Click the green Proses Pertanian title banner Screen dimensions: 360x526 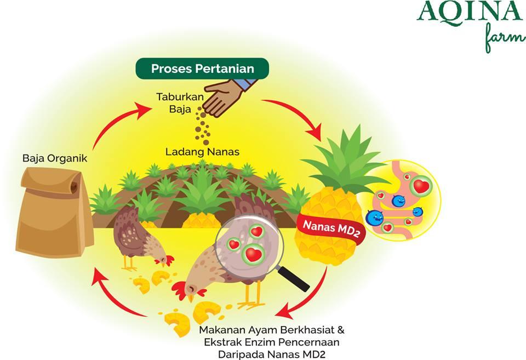point(202,68)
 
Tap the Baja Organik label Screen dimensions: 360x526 point(55,159)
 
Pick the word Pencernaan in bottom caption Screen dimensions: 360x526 point(311,342)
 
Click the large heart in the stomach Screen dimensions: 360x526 point(421,186)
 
